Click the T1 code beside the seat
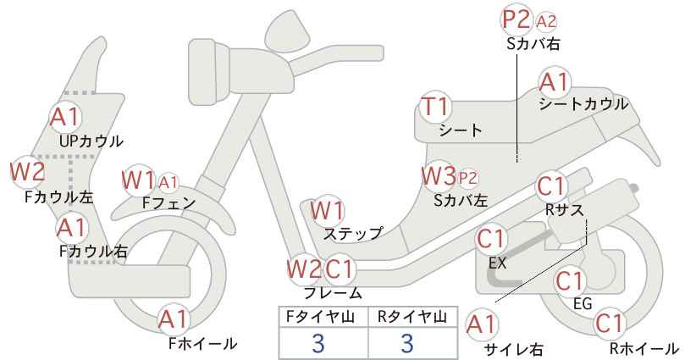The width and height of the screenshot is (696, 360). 436,107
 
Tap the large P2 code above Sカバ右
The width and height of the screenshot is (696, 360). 516,20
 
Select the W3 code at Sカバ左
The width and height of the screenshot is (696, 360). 439,176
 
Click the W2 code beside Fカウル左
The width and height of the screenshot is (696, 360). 28,171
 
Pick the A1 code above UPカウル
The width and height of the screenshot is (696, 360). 65,117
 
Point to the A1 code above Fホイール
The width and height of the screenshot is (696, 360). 174,319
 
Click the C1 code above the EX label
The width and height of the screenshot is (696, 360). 491,240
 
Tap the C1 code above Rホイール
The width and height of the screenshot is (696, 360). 610,324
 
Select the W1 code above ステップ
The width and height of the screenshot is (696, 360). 327,210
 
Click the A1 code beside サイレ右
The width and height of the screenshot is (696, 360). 482,325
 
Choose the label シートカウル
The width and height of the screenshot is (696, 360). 583,104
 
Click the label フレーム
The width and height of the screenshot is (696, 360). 333,293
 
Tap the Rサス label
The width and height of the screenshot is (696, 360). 564,210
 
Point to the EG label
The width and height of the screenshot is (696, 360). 583,303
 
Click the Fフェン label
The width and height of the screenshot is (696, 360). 168,202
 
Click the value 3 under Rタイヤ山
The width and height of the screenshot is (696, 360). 407,343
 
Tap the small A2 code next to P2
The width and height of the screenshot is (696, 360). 546,21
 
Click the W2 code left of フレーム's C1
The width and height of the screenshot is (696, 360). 305,269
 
